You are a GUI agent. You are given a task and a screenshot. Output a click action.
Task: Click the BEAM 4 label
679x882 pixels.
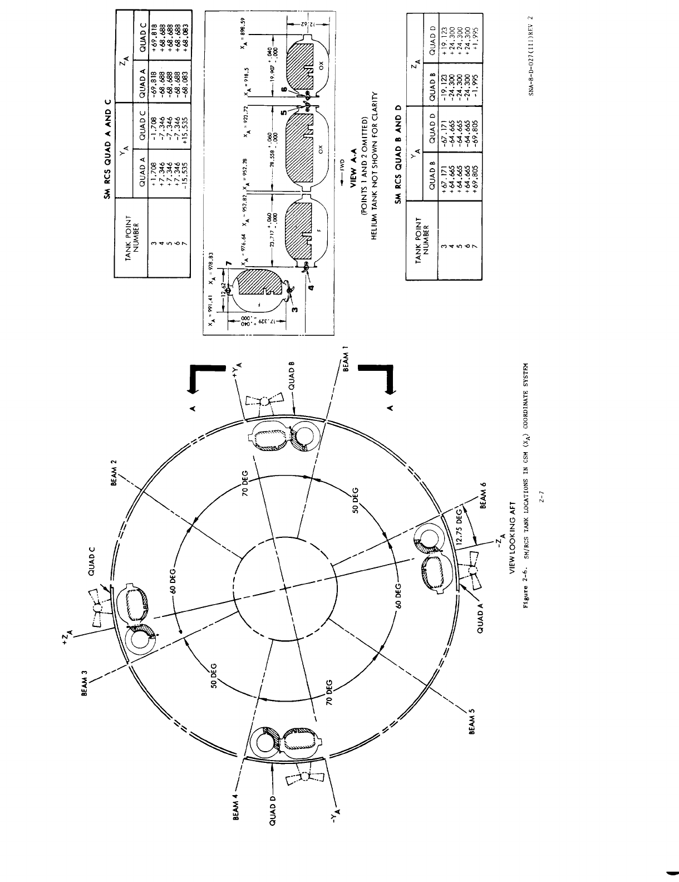tap(234, 808)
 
